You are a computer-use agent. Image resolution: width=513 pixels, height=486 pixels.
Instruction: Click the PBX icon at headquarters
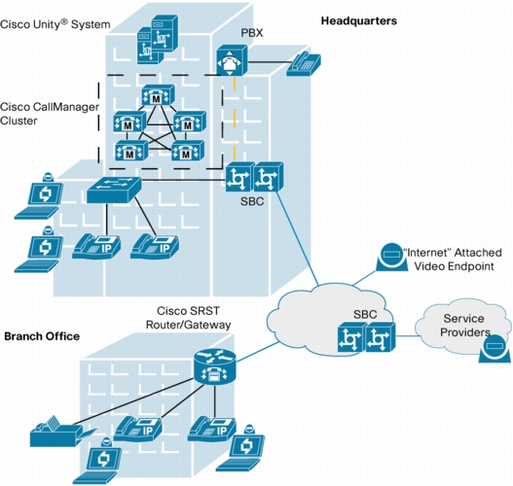point(232,60)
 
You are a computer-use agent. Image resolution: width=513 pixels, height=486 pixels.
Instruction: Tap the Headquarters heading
point(359,21)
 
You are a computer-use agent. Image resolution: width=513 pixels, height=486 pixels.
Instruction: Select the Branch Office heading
point(42,336)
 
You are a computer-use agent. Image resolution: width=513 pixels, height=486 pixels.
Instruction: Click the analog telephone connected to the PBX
point(304,64)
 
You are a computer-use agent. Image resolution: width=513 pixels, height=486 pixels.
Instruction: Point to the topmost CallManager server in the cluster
point(158,95)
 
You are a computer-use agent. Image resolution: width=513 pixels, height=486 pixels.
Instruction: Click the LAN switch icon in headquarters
point(114,190)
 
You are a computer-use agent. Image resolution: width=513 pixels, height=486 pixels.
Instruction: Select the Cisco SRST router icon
point(214,366)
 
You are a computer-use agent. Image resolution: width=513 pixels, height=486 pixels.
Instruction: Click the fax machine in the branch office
point(60,432)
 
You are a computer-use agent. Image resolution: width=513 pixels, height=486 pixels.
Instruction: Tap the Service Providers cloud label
point(464,326)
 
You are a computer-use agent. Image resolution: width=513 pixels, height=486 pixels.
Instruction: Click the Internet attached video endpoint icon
point(391,257)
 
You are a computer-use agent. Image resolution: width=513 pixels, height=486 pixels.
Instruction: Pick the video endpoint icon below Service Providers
point(495,348)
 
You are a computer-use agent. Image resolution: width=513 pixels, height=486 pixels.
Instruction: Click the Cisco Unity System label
point(55,24)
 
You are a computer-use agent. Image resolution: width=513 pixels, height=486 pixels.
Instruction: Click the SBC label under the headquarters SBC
point(252,201)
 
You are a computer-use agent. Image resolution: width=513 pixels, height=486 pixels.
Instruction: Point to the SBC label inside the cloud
point(365,314)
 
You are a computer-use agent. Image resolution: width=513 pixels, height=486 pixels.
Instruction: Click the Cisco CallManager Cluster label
point(50,114)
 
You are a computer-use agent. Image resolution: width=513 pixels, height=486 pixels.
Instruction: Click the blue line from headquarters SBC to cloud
point(297,238)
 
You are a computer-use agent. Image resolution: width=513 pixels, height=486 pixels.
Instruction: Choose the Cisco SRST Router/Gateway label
point(188,318)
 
